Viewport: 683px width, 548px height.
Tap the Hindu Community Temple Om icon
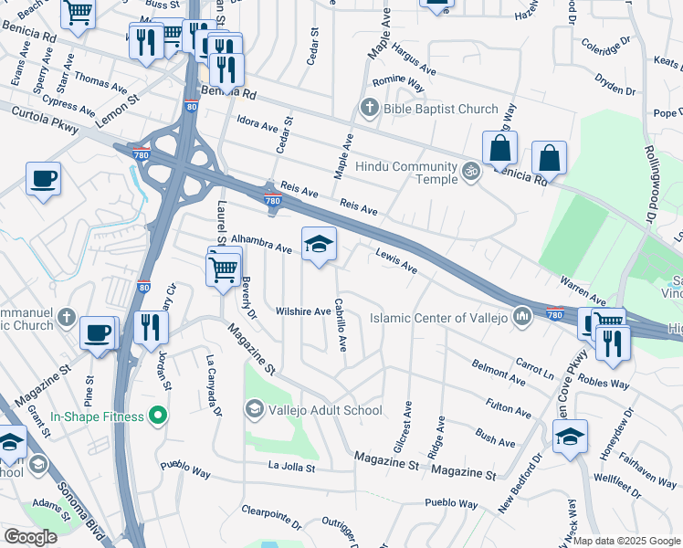click(470, 171)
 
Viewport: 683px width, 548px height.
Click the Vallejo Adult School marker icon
click(253, 410)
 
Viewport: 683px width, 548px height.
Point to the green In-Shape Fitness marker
click(157, 416)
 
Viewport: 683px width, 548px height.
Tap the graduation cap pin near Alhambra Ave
click(319, 245)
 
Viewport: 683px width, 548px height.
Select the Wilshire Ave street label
click(303, 311)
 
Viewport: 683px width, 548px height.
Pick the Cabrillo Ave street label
click(341, 325)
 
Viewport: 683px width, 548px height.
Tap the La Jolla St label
click(290, 467)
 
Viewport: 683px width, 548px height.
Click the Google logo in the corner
click(30, 537)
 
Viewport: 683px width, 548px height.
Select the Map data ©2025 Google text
click(626, 541)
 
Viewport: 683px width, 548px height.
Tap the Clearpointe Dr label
click(271, 517)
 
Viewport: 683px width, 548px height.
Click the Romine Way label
click(403, 85)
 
